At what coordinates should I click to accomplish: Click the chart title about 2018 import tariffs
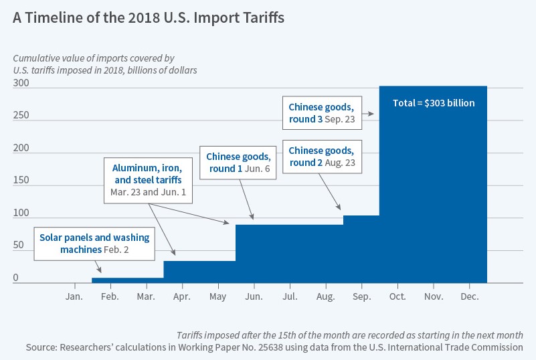click(x=149, y=18)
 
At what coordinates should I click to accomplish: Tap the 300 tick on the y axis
click(x=21, y=82)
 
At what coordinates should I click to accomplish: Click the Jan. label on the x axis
click(x=74, y=295)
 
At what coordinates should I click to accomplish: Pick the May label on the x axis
click(x=217, y=295)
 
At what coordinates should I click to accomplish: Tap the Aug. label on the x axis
click(x=326, y=295)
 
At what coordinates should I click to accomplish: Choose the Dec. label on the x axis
click(x=470, y=295)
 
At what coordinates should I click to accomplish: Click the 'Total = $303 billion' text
click(x=433, y=103)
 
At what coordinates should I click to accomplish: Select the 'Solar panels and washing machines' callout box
click(x=94, y=243)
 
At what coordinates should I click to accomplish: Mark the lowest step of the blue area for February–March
click(x=127, y=280)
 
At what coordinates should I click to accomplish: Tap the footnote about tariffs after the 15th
click(x=350, y=335)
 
